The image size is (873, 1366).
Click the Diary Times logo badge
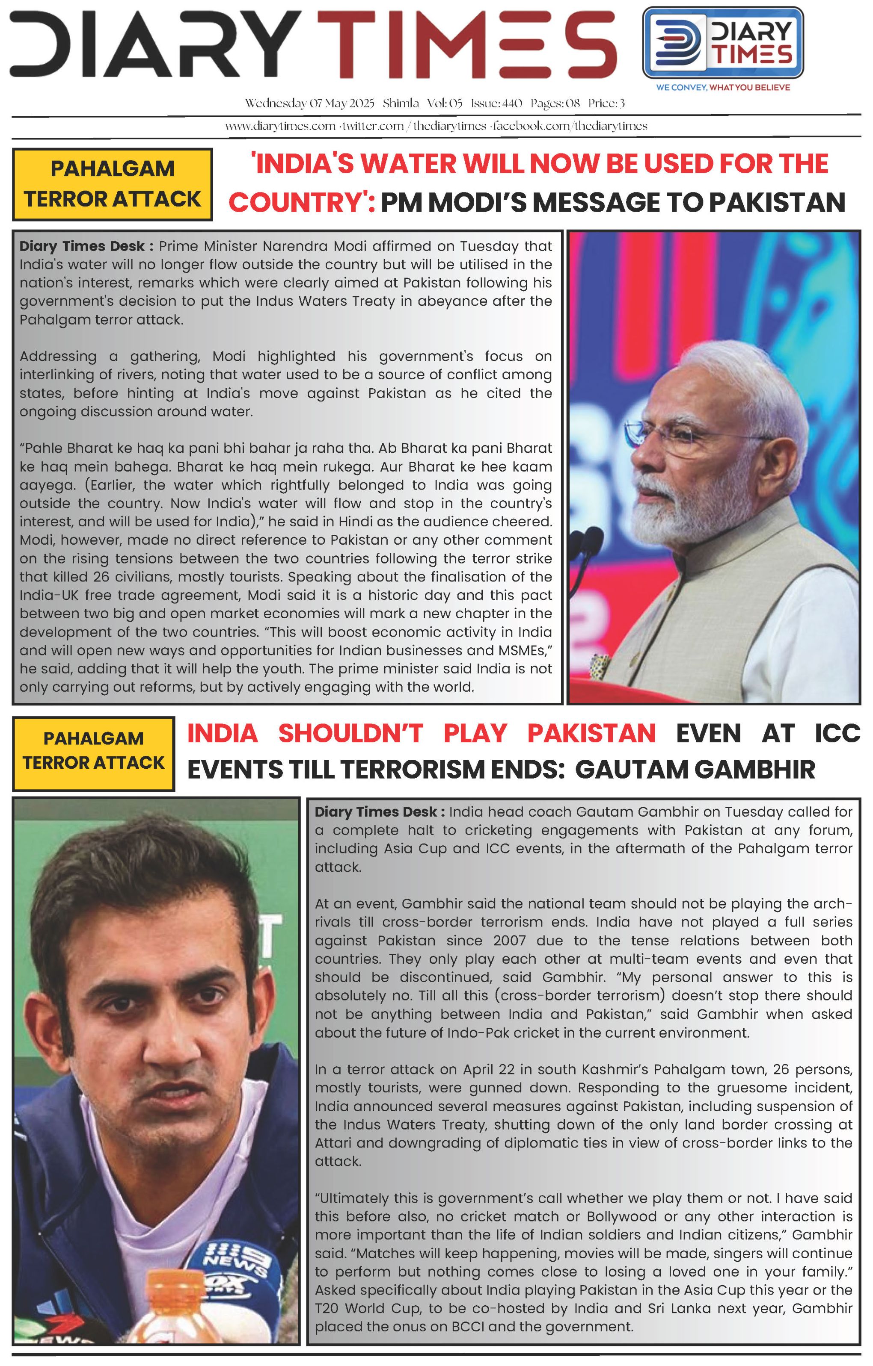click(723, 43)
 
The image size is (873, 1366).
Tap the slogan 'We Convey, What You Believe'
click(723, 87)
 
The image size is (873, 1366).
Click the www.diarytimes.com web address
click(280, 126)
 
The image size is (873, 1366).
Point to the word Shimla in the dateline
click(401, 103)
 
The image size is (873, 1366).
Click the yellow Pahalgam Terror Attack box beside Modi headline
click(113, 184)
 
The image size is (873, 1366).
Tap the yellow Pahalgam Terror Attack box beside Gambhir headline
click(94, 753)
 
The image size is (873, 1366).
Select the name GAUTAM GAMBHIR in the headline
click(695, 770)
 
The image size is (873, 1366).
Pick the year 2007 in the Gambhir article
click(509, 941)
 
